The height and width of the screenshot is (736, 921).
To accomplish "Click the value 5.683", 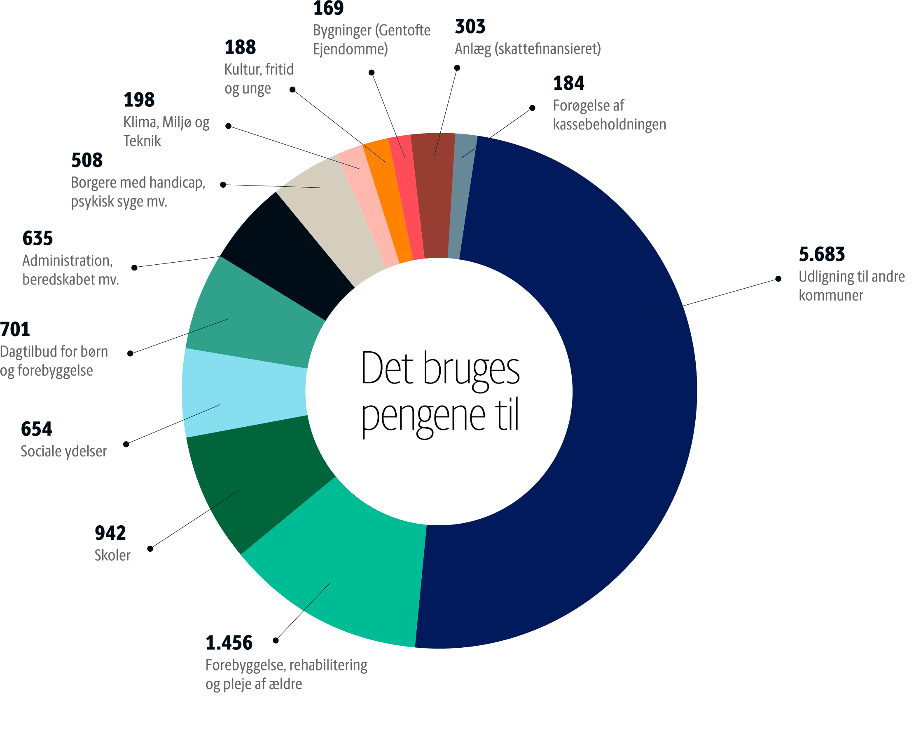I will coord(821,254).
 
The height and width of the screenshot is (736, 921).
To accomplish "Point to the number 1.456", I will coord(229,643).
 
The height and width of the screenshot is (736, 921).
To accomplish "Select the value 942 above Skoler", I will coord(110,533).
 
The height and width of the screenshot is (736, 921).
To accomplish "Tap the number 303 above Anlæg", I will coord(470,26).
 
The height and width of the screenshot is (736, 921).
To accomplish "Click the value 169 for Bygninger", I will coord(328,9).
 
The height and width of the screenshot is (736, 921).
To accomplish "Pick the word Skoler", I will coord(112,555).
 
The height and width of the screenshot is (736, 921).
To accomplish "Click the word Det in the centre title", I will coord(387,369).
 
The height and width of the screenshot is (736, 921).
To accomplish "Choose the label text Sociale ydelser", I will coord(64,451).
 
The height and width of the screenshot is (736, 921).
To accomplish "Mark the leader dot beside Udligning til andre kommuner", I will coord(778,279).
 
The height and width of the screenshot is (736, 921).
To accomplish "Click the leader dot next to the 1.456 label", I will coord(276,640).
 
